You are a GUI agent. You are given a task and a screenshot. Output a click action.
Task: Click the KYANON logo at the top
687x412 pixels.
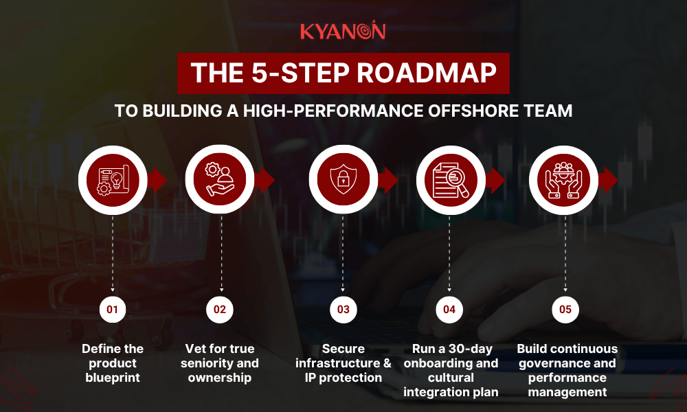point(343,31)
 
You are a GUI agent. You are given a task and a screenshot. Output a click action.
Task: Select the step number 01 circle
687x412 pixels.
point(113,310)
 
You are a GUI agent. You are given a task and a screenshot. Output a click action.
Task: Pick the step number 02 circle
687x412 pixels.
point(220,310)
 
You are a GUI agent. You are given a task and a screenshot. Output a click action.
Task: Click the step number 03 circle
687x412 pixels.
point(343,310)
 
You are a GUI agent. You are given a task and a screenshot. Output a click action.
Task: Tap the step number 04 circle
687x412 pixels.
point(449,310)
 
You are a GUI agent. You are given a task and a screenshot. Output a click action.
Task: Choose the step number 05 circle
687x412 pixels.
point(565,310)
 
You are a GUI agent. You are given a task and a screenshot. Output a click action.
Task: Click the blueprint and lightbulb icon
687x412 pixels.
point(113,181)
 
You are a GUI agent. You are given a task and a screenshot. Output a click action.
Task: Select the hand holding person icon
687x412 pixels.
point(220,181)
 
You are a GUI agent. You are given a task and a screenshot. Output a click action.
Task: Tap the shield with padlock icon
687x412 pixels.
point(343,181)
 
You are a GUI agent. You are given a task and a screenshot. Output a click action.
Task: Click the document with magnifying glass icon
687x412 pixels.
point(449,181)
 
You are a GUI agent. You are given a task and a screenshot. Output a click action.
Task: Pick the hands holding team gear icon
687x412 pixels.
point(565,181)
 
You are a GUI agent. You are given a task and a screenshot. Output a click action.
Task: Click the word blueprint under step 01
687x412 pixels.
point(113,378)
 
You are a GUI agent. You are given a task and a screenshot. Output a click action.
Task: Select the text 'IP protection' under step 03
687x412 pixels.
point(343,378)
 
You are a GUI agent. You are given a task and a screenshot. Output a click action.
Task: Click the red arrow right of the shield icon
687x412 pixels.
point(389,181)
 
